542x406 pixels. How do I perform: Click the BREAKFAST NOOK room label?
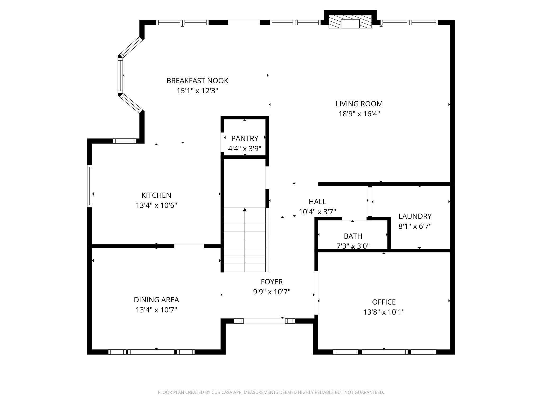197,81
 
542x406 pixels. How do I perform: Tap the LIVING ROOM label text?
359,104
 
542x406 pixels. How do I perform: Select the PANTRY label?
245,139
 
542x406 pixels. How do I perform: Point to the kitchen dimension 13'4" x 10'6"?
156,205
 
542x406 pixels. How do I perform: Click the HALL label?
317,202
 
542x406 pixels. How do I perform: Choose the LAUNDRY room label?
415,216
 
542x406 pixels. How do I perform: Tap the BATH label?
353,236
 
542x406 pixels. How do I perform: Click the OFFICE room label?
384,302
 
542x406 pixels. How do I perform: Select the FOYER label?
272,282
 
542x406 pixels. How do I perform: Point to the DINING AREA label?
156,300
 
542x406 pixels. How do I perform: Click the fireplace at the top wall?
350,21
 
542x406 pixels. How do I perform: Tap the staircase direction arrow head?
245,210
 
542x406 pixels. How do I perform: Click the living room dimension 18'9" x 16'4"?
359,114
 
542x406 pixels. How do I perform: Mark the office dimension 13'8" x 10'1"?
384,312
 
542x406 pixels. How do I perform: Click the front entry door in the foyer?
264,321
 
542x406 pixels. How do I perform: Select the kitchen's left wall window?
90,186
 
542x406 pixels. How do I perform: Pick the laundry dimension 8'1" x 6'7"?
415,226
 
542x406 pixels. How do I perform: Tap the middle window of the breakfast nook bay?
120,76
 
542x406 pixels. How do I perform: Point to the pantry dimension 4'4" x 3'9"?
245,149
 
